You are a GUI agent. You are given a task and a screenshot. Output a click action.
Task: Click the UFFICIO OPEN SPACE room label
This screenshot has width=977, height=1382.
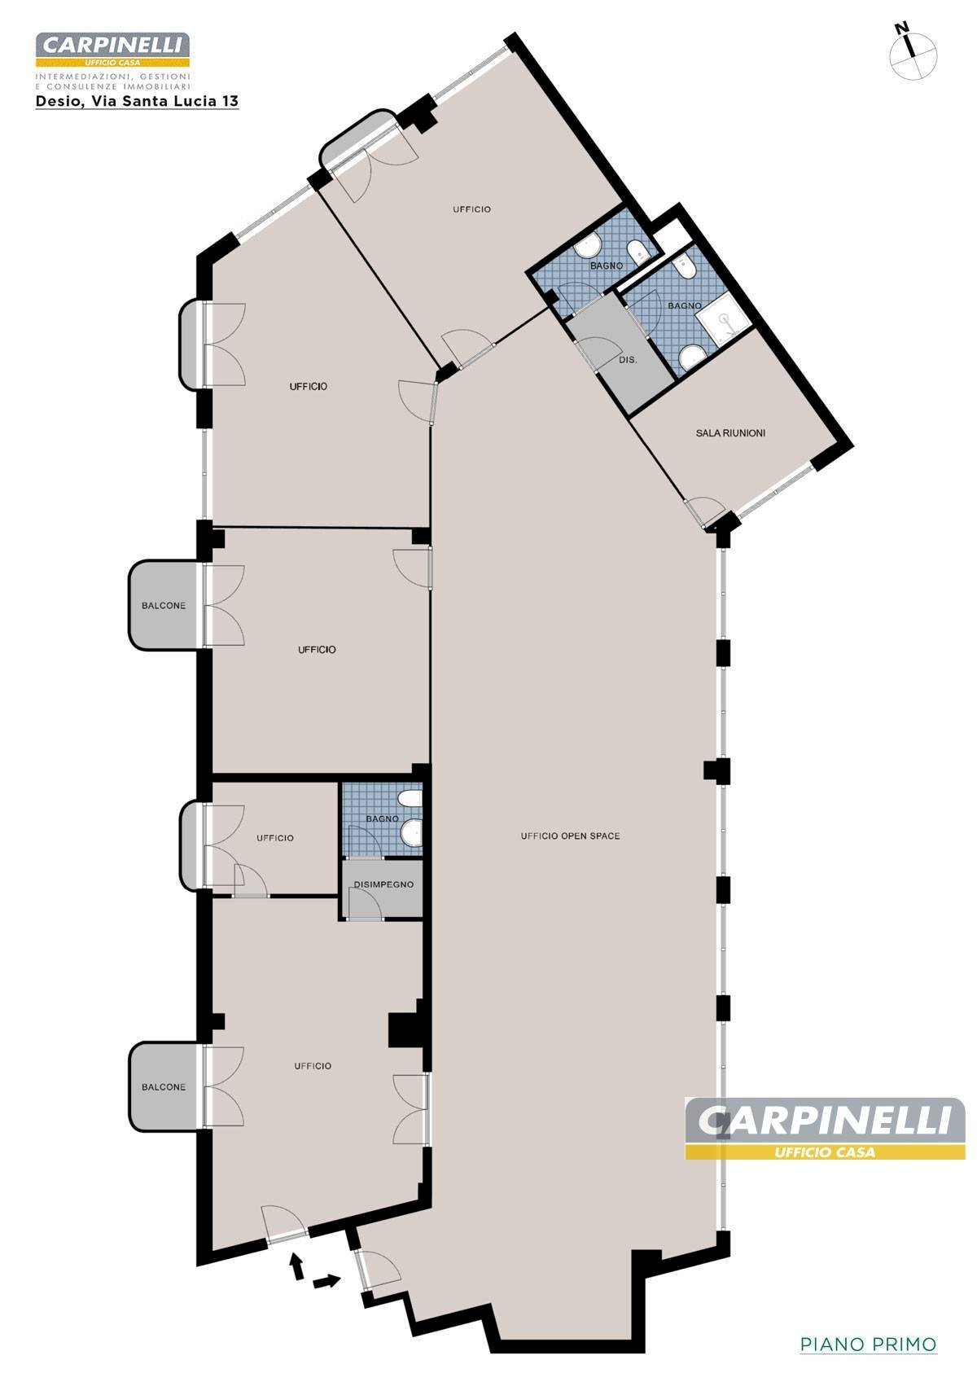pos(570,836)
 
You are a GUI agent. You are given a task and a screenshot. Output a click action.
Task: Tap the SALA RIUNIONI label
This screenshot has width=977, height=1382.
pos(730,433)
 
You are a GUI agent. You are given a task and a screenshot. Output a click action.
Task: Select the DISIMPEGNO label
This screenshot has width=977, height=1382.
pos(383,884)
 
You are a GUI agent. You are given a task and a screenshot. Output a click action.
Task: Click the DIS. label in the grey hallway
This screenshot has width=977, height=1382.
pos(628,360)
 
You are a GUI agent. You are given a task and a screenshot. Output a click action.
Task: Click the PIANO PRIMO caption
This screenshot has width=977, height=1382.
pos(868,1343)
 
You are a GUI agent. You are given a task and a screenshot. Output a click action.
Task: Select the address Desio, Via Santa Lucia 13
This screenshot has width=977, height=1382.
pos(137,101)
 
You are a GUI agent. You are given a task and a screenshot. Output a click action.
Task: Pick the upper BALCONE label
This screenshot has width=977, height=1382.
pos(164,605)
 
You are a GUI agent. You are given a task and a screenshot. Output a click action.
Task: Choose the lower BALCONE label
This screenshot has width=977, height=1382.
pos(164,1086)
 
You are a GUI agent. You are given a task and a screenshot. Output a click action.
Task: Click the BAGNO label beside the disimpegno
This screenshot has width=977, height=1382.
pos(382,818)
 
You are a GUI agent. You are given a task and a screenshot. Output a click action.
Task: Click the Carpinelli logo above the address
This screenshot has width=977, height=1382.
pos(112,50)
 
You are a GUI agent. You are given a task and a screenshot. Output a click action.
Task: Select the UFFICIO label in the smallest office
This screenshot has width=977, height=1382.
pos(275,838)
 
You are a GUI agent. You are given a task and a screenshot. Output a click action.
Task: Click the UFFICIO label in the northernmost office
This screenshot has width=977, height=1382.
pos(472,209)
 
